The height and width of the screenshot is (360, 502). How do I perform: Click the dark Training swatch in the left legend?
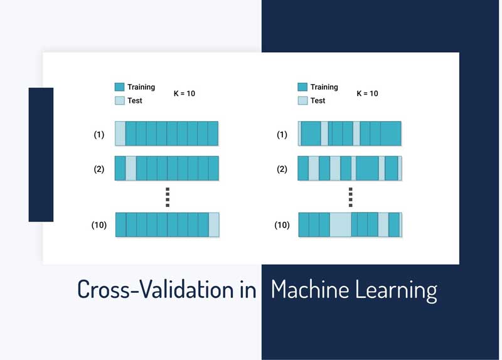tap(119, 87)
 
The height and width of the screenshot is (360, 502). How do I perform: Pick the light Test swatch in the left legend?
tap(119, 100)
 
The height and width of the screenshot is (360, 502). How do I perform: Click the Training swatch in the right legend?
tap(302, 87)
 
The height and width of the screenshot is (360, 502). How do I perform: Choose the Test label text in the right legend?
tap(318, 100)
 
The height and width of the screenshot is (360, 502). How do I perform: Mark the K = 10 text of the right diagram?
tap(368, 93)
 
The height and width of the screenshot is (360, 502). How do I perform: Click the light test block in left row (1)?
tap(120, 134)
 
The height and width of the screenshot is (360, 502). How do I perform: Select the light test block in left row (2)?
tap(131, 169)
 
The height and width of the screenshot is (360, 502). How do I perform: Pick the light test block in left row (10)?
tap(214, 225)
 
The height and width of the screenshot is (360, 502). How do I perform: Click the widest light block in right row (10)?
tap(340, 225)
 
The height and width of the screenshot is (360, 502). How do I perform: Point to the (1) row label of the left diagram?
tap(99, 134)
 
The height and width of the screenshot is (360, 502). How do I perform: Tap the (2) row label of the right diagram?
tap(282, 169)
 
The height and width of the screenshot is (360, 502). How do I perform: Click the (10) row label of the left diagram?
tap(99, 225)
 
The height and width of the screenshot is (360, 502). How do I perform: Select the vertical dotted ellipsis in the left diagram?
tap(168, 196)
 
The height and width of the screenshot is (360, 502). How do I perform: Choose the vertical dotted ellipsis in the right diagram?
tap(351, 196)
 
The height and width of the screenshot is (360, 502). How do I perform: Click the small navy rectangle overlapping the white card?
tap(41, 154)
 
